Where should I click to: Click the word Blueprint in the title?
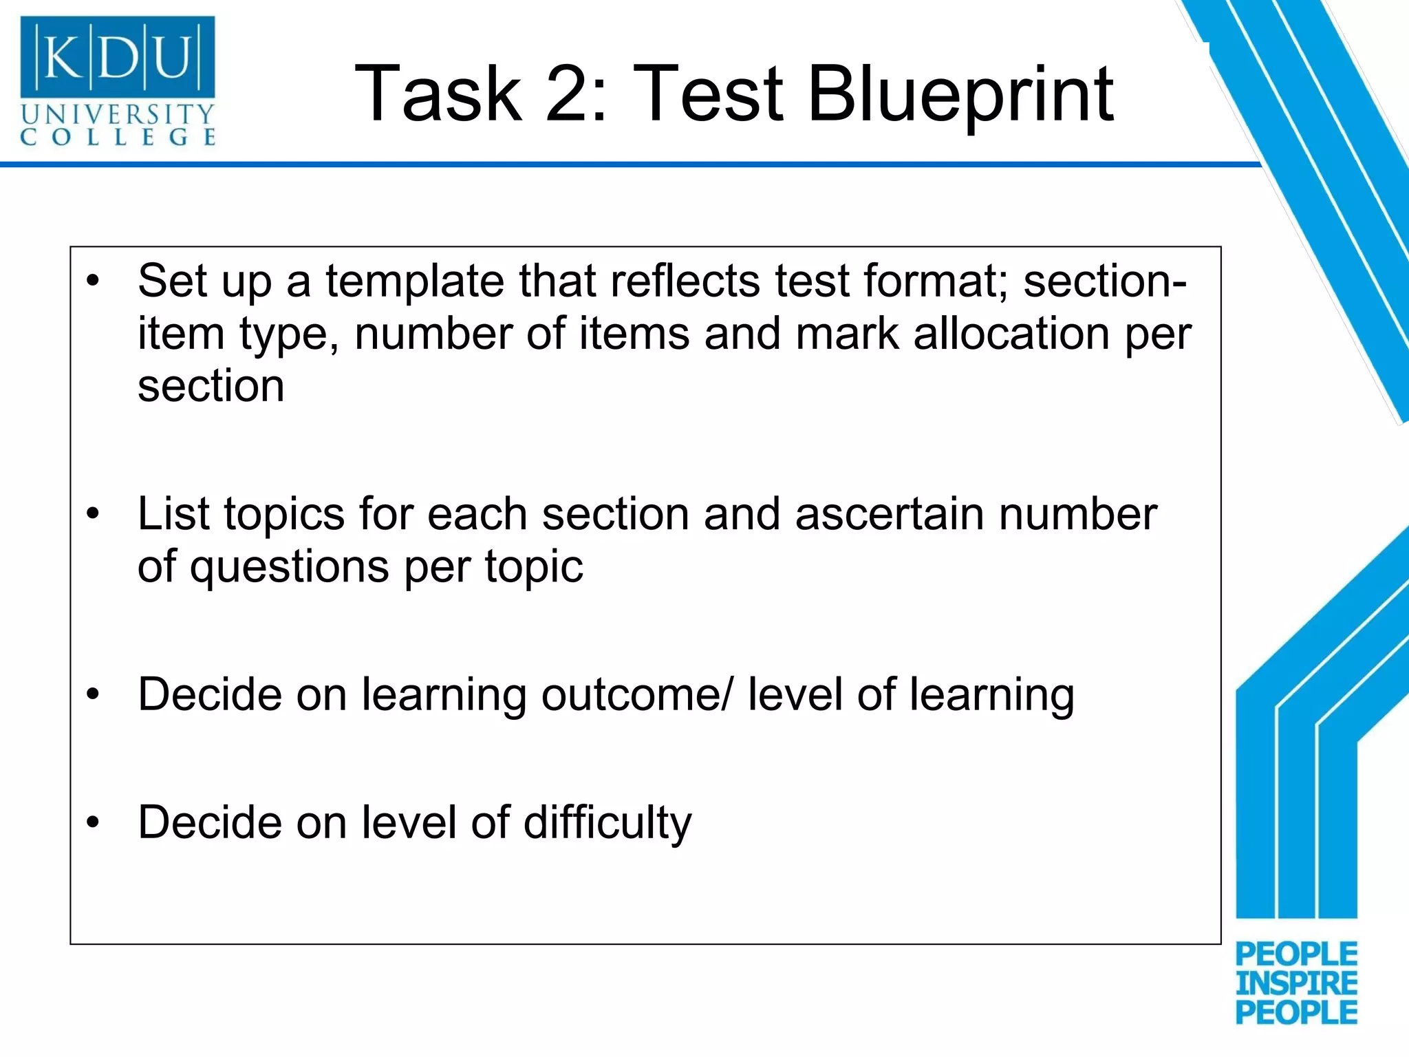tap(960, 94)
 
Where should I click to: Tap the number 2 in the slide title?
tap(568, 94)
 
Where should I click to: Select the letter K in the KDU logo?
tap(63, 58)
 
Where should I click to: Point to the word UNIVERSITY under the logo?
tap(118, 114)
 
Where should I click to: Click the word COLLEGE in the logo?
tap(118, 136)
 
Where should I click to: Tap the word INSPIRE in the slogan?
tap(1296, 983)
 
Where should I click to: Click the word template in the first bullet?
tap(416, 281)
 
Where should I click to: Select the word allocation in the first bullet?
tap(1011, 334)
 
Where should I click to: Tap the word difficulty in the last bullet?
tap(607, 823)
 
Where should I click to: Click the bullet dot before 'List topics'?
tap(94, 514)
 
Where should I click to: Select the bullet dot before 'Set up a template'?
tap(94, 281)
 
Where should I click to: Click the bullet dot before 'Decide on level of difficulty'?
tap(94, 822)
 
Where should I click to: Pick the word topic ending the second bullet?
tap(533, 567)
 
